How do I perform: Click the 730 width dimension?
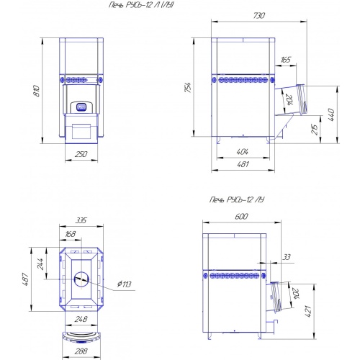pos(259,16)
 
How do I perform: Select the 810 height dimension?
pos(37,91)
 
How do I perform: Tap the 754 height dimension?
pos(188,88)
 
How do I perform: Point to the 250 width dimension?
pos(81,154)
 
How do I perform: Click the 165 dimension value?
pos(285,59)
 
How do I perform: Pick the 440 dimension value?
pos(331,114)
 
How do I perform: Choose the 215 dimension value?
pos(315,129)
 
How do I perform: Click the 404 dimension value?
pos(243,152)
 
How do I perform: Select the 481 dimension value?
pos(243,164)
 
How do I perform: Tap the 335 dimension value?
pos(81,220)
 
